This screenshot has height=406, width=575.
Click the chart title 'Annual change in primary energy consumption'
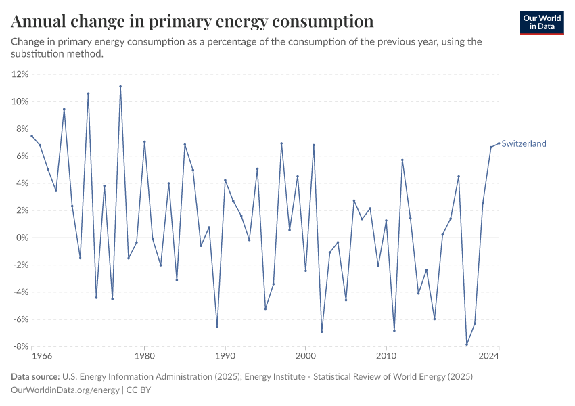click(192, 21)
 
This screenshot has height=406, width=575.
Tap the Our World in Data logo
click(542, 22)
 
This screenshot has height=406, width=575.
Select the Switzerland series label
click(524, 143)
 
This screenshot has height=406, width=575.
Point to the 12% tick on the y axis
click(19, 74)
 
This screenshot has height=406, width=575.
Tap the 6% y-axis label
click(21, 156)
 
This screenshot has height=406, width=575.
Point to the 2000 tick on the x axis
click(306, 355)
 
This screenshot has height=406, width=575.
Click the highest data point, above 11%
click(120, 87)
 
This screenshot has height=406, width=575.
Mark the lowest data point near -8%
click(467, 344)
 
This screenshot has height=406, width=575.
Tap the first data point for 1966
click(32, 136)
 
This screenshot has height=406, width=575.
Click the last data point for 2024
click(499, 143)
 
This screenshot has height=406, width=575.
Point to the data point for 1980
click(144, 142)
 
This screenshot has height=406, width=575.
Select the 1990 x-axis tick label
click(225, 355)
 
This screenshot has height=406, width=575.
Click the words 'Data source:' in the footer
click(35, 376)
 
